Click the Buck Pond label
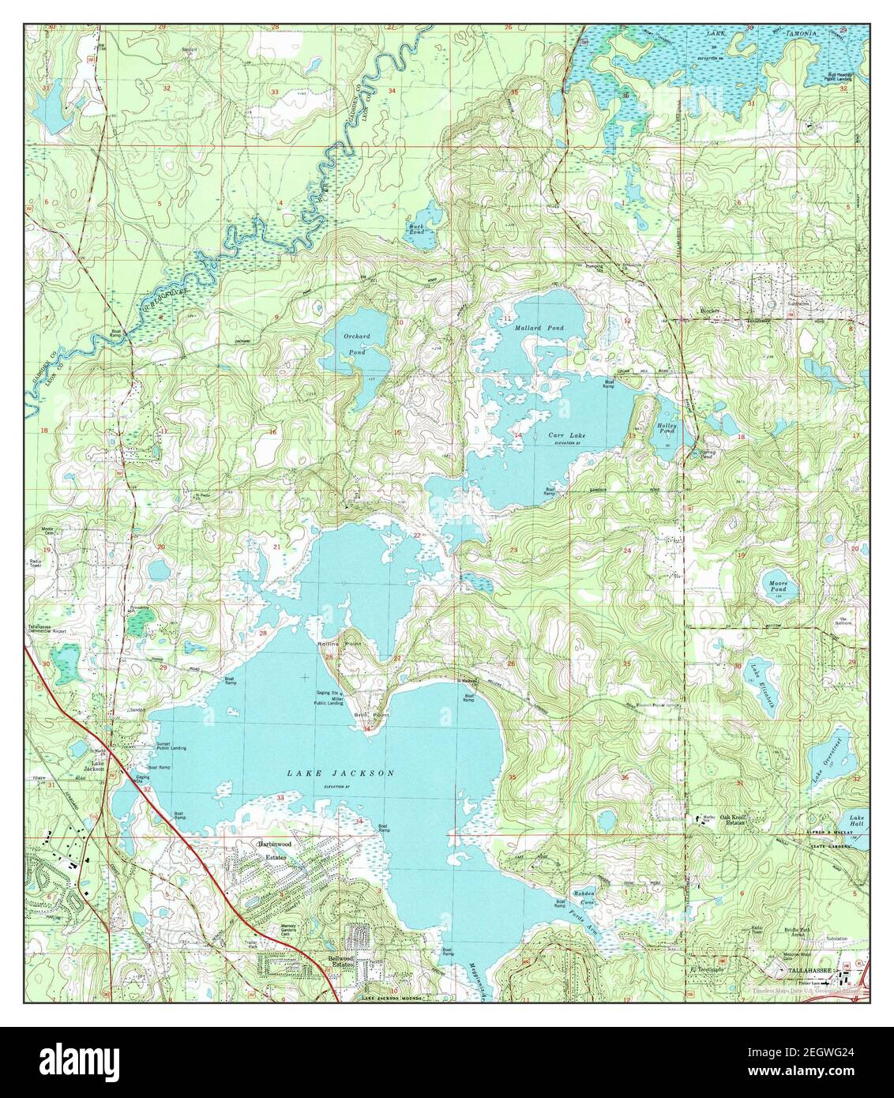(417, 230)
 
